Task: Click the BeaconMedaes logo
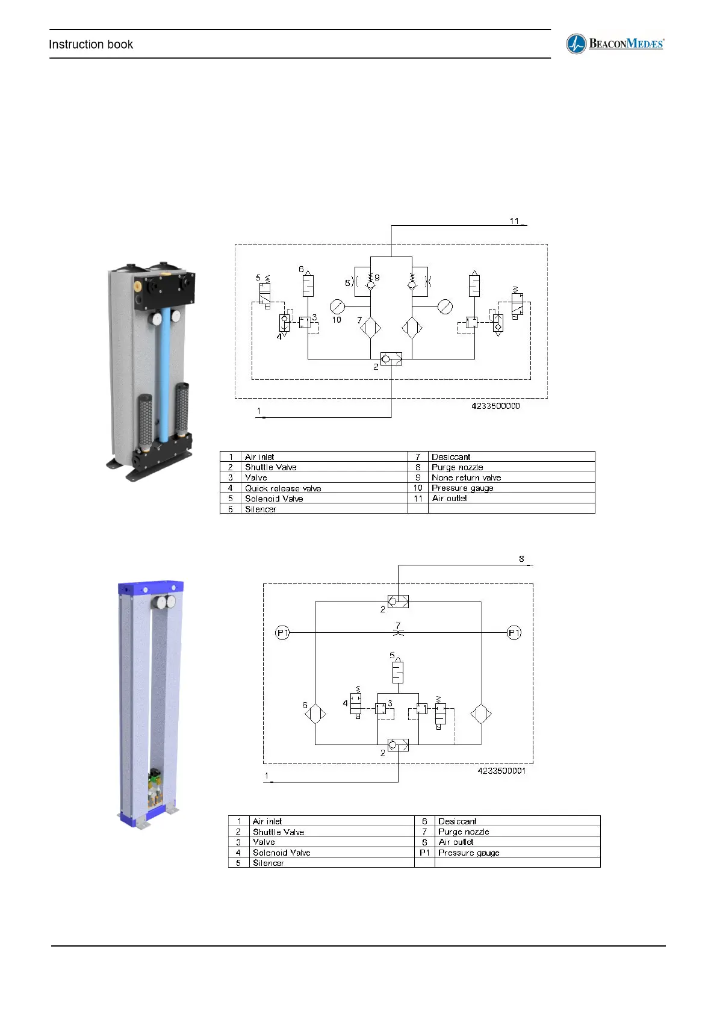[x=615, y=44]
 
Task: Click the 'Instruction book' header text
[x=90, y=45]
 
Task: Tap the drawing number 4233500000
[x=495, y=406]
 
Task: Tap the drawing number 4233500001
[x=501, y=771]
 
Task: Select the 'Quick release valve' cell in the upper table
[x=283, y=488]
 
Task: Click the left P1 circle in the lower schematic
[x=282, y=633]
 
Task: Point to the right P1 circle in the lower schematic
[x=514, y=633]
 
